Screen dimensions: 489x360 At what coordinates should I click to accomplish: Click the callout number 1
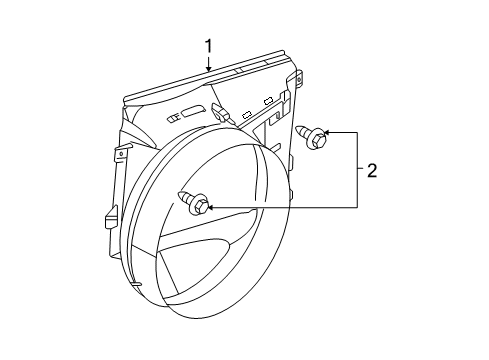click(209, 45)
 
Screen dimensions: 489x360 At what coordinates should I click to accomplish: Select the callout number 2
click(371, 171)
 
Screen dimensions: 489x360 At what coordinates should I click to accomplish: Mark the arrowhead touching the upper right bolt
click(327, 133)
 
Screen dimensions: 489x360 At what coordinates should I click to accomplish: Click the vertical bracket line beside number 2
click(356, 170)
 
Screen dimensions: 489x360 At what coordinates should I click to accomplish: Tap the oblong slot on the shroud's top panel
click(192, 111)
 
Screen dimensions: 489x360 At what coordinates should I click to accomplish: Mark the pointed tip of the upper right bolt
click(298, 128)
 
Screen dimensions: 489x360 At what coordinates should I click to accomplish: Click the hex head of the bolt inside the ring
click(200, 207)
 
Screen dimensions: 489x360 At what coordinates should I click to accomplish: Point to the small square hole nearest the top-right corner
click(268, 100)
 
